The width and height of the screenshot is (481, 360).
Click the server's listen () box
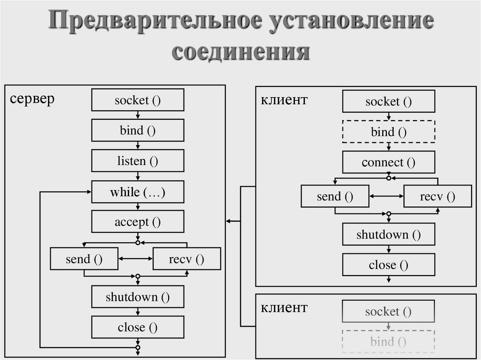[138, 161]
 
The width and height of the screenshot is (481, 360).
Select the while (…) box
[138, 192]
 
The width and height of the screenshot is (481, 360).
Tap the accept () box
[138, 222]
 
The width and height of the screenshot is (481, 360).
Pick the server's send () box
[84, 259]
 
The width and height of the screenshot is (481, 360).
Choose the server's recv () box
[186, 259]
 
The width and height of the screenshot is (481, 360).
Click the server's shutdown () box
[138, 297]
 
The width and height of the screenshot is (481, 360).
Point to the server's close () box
[138, 327]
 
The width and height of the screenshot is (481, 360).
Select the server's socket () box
[138, 100]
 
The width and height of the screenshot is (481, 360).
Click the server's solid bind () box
[138, 130]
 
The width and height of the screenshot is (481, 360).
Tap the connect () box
[388, 162]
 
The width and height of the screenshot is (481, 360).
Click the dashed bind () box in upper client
[388, 132]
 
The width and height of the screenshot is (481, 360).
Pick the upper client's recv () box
[437, 196]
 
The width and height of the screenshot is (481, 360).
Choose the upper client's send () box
[334, 196]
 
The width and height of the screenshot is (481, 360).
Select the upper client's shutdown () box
[388, 234]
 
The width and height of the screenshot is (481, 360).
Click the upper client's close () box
[388, 265]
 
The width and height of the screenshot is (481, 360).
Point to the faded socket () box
[388, 311]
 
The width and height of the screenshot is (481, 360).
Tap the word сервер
[32, 99]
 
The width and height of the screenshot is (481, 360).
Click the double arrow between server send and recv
[135, 259]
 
